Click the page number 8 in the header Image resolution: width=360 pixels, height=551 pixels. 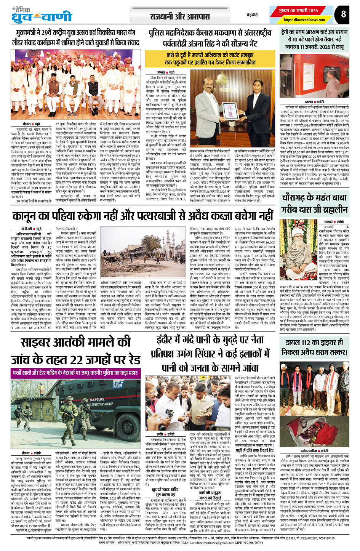pos(343,14)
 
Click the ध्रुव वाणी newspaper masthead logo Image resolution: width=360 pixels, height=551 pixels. pos(42,16)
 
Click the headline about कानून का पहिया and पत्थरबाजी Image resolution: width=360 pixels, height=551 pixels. pos(142,217)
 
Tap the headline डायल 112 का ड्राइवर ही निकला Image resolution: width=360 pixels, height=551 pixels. pos(314,348)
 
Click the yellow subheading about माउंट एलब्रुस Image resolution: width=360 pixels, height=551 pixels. pos(211,59)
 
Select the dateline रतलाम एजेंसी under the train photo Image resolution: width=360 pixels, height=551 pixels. pos(314,102)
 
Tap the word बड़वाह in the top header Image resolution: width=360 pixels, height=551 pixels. pos(252,14)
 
